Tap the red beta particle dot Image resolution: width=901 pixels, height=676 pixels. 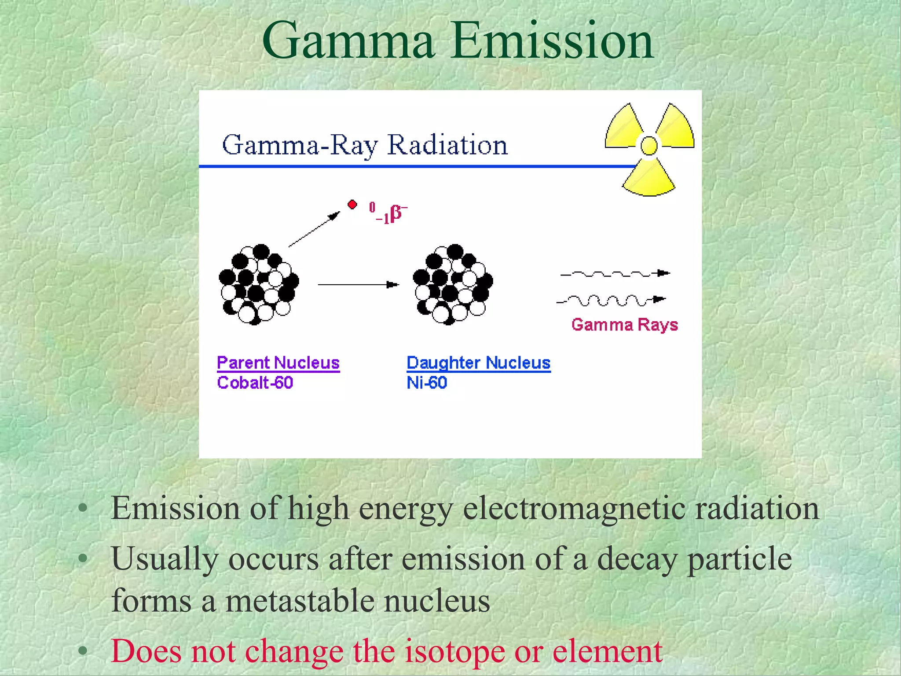click(352, 205)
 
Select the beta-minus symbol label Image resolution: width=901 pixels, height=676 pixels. click(389, 213)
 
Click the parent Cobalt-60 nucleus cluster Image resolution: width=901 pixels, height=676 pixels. click(259, 284)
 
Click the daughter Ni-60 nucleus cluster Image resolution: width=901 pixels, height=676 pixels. click(453, 284)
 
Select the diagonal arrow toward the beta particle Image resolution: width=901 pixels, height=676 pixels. click(314, 229)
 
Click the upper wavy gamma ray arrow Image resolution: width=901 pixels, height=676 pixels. click(615, 274)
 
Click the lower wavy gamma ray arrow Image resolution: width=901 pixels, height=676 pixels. click(611, 301)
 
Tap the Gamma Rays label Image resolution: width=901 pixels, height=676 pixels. click(624, 325)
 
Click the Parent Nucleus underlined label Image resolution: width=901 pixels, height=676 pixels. click(278, 363)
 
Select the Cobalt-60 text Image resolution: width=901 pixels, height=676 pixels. click(255, 382)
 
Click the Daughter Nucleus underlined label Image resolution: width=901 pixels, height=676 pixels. click(478, 363)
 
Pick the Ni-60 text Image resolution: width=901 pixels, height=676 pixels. click(427, 382)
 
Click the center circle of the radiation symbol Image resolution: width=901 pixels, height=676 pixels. click(649, 146)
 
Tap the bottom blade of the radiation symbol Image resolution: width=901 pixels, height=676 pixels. click(648, 178)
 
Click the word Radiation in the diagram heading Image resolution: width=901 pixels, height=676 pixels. click(447, 145)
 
